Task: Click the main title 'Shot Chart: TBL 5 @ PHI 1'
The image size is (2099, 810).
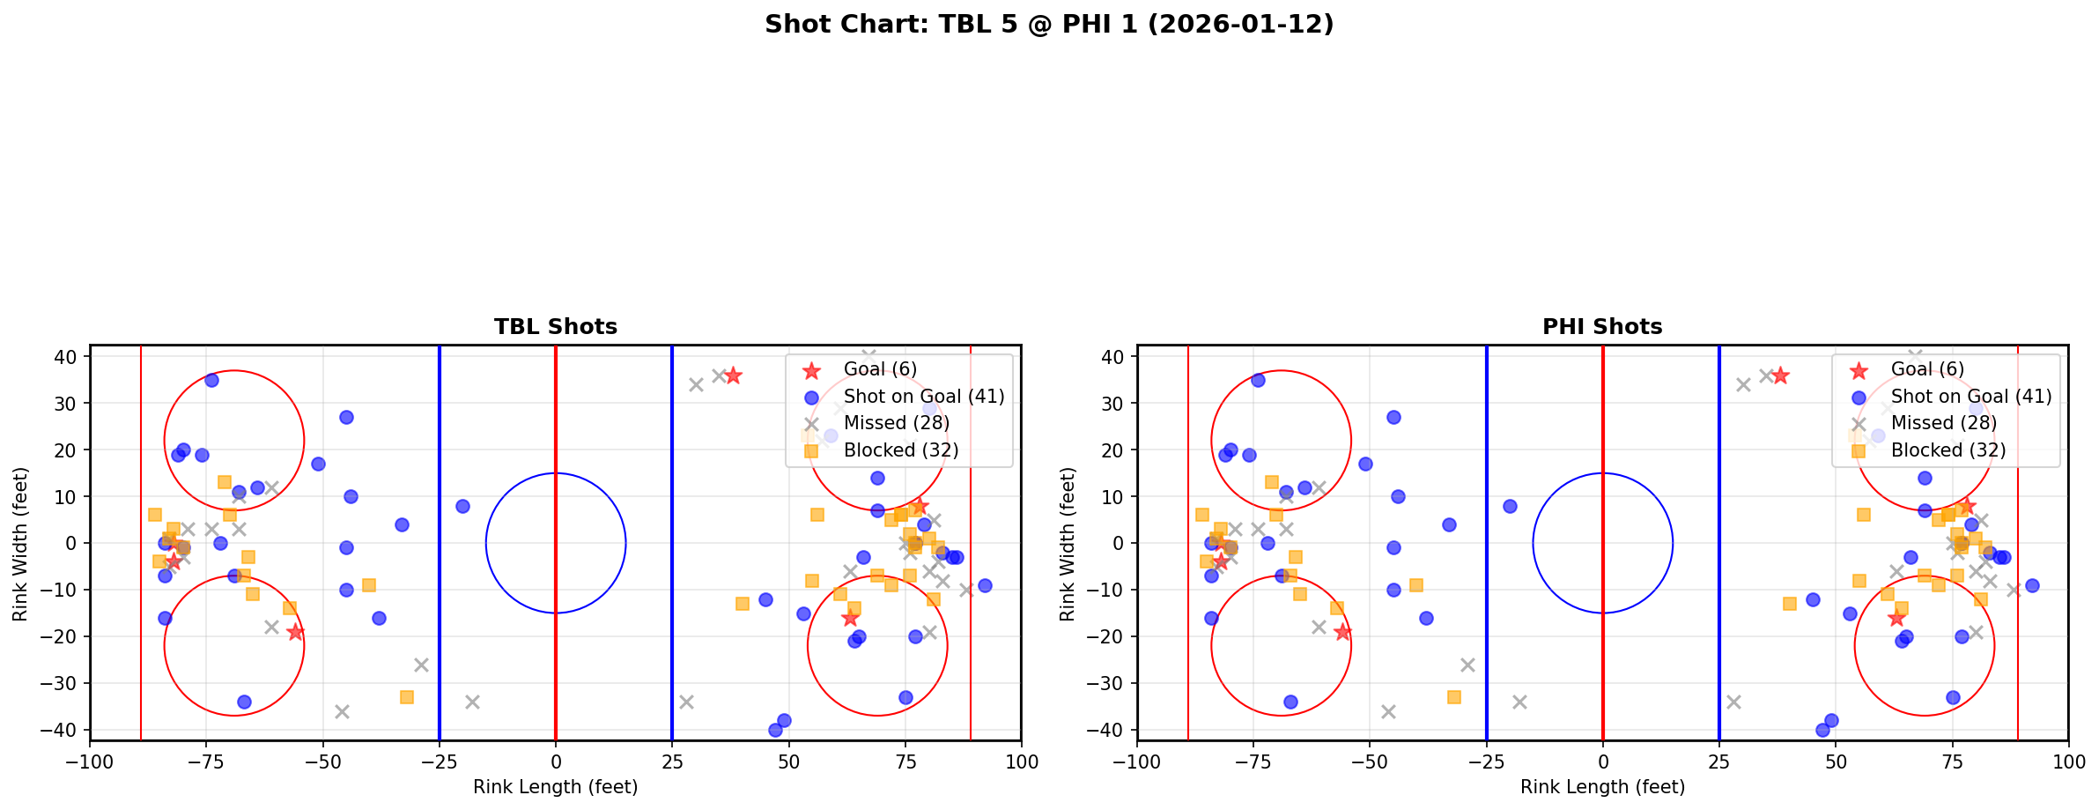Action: coord(1048,25)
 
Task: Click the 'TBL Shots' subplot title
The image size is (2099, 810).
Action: coord(555,327)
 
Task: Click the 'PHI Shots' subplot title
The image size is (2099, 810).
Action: coord(1602,327)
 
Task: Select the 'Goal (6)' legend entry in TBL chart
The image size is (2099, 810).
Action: coord(880,369)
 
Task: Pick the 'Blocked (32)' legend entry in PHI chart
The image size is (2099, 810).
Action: coord(1948,450)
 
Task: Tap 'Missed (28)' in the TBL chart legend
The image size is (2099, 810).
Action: coord(896,423)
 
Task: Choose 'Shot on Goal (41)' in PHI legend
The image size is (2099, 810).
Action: coord(1971,397)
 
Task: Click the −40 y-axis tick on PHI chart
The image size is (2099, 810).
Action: coord(1109,730)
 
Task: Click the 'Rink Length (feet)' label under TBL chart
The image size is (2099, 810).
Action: coord(555,787)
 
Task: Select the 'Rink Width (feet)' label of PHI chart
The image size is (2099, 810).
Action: coord(1068,544)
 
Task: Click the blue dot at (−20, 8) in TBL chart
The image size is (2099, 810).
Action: coord(462,506)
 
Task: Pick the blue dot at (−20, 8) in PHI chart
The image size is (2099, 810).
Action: coord(1510,506)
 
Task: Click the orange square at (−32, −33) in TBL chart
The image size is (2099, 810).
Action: coord(407,697)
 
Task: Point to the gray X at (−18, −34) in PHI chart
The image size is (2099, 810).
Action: coord(1519,702)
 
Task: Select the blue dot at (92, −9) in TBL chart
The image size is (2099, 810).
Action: coord(985,585)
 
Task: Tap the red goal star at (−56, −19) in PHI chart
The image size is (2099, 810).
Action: coord(1342,632)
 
